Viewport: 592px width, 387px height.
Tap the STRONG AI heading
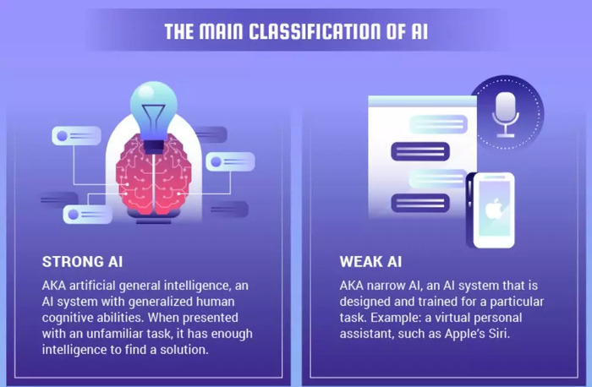[82, 262]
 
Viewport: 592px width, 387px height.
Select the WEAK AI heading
[370, 262]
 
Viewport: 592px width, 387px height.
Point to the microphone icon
[506, 114]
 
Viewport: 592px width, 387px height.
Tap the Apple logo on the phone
[493, 210]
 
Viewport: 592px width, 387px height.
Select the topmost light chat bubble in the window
[438, 124]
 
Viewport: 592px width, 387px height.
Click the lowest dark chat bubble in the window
[420, 203]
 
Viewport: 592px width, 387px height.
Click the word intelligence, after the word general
[193, 286]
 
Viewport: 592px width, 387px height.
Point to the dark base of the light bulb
[154, 146]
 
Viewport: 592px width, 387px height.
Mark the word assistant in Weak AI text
[366, 334]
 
